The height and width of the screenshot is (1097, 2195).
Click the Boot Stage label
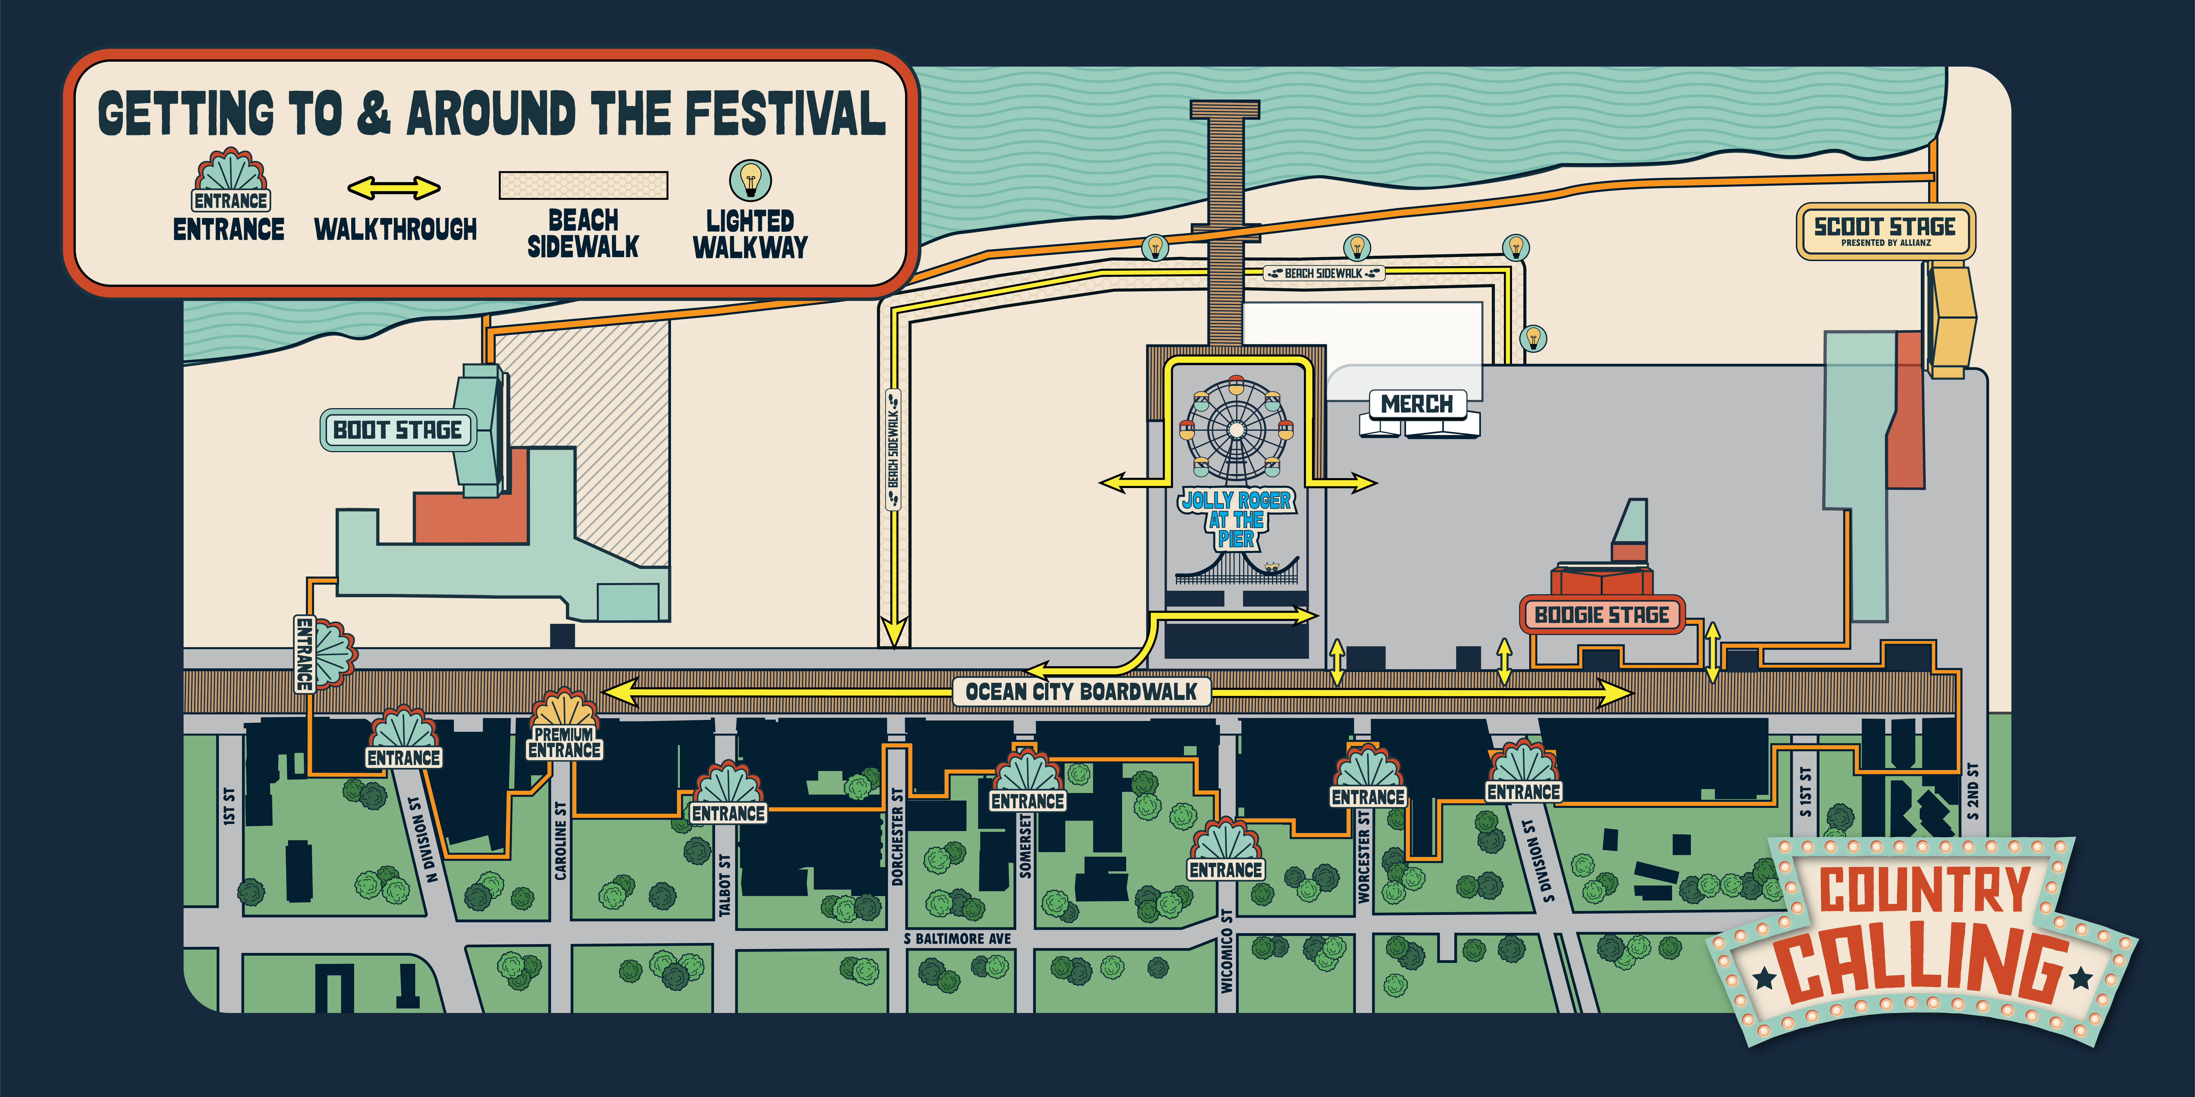coord(397,430)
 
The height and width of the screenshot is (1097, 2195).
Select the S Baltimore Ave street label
coord(958,939)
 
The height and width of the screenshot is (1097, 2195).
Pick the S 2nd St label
coord(1974,792)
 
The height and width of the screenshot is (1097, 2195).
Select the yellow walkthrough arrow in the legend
coord(394,188)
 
